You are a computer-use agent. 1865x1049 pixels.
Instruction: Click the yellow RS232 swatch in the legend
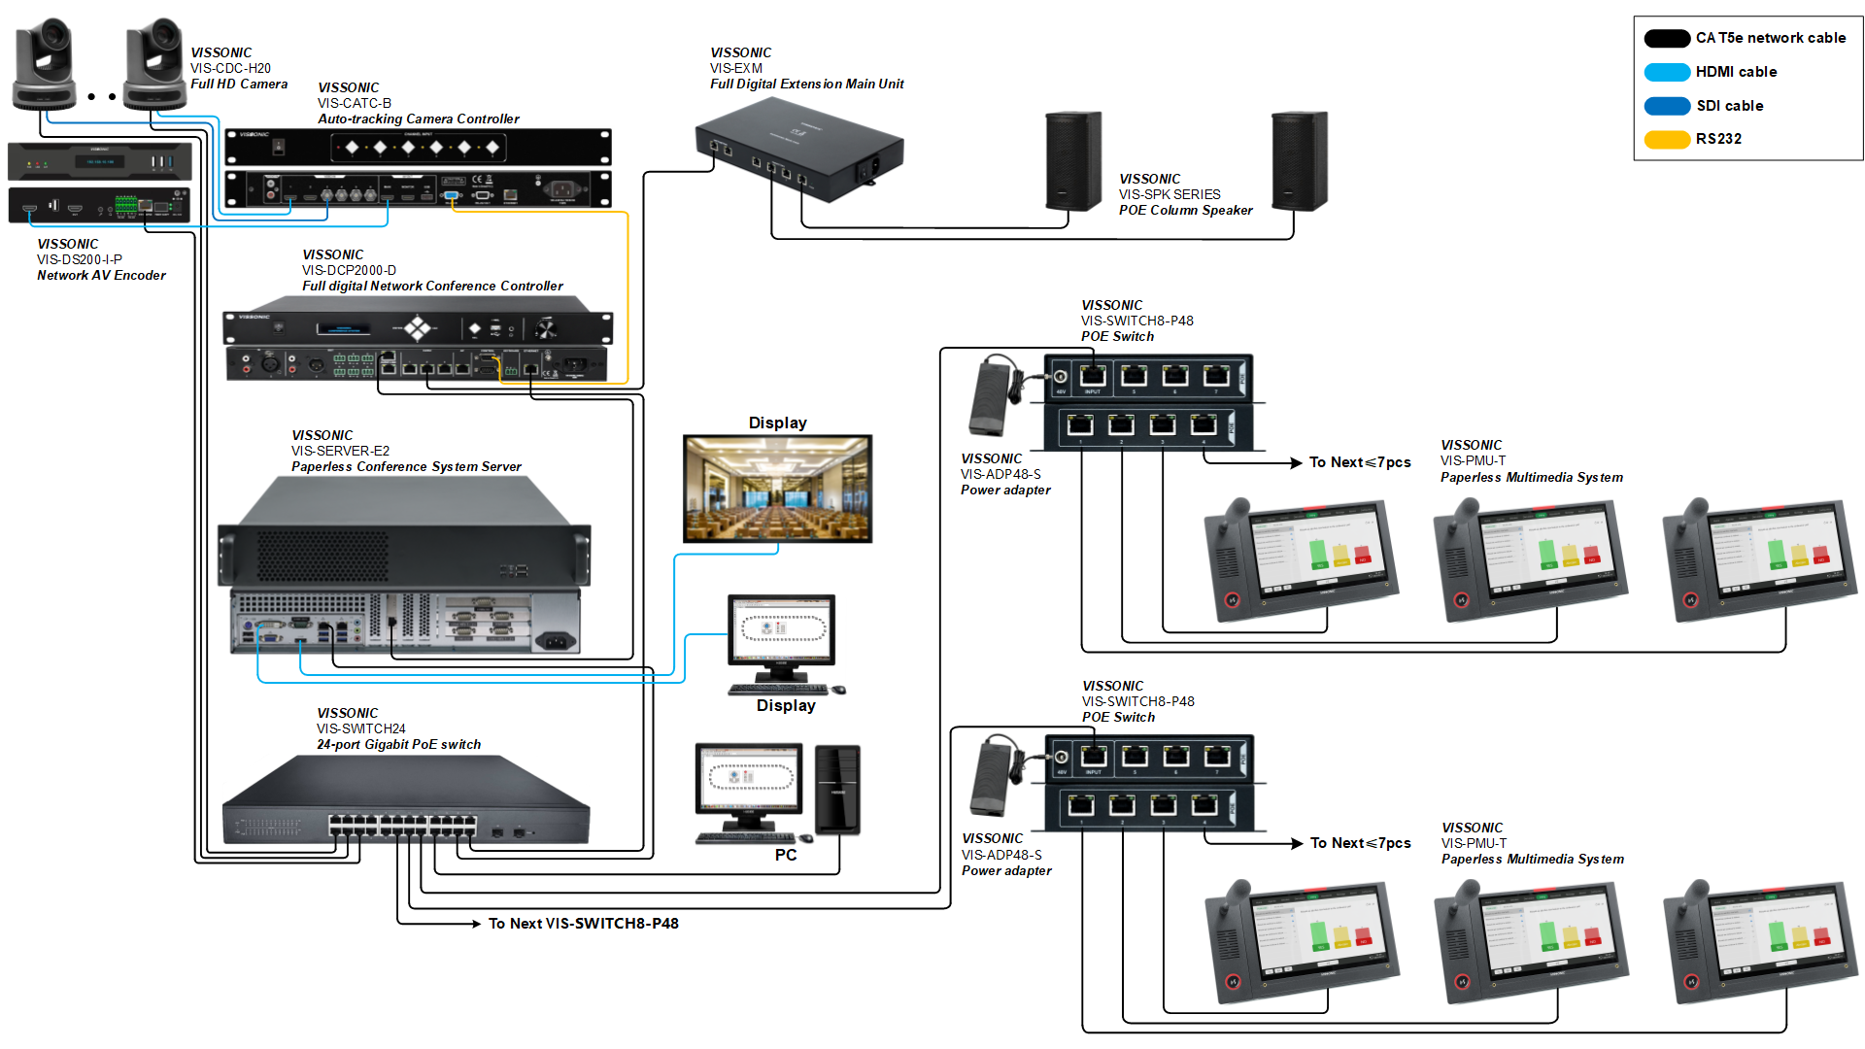[x=1667, y=139]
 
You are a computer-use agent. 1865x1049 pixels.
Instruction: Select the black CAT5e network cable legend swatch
[x=1667, y=39]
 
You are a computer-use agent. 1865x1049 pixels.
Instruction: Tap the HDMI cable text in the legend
[x=1736, y=72]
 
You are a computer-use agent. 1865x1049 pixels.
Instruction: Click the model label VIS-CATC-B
[x=354, y=103]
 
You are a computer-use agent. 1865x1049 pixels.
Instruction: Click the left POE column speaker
[x=1072, y=161]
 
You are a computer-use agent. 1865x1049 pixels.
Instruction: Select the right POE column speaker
[x=1299, y=161]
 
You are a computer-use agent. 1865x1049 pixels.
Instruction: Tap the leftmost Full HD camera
[x=44, y=62]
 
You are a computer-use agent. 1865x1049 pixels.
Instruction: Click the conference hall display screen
[x=777, y=489]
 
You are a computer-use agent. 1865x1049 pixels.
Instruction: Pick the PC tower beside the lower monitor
[x=837, y=790]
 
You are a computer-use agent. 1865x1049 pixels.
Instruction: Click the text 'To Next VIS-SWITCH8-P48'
[x=583, y=924]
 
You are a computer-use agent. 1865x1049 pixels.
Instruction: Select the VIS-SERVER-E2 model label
[x=340, y=451]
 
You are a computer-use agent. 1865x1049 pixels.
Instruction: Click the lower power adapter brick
[x=992, y=777]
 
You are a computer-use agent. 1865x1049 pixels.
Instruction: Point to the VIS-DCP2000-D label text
[x=349, y=270]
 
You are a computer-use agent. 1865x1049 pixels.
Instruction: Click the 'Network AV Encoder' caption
[x=101, y=276]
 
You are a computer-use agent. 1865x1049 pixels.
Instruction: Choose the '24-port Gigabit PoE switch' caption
[x=398, y=745]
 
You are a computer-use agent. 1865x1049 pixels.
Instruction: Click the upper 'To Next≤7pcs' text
[x=1359, y=462]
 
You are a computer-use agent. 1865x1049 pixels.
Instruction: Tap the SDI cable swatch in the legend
[x=1667, y=106]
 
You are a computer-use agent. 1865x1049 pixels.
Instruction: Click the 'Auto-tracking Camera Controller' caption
[x=418, y=119]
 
